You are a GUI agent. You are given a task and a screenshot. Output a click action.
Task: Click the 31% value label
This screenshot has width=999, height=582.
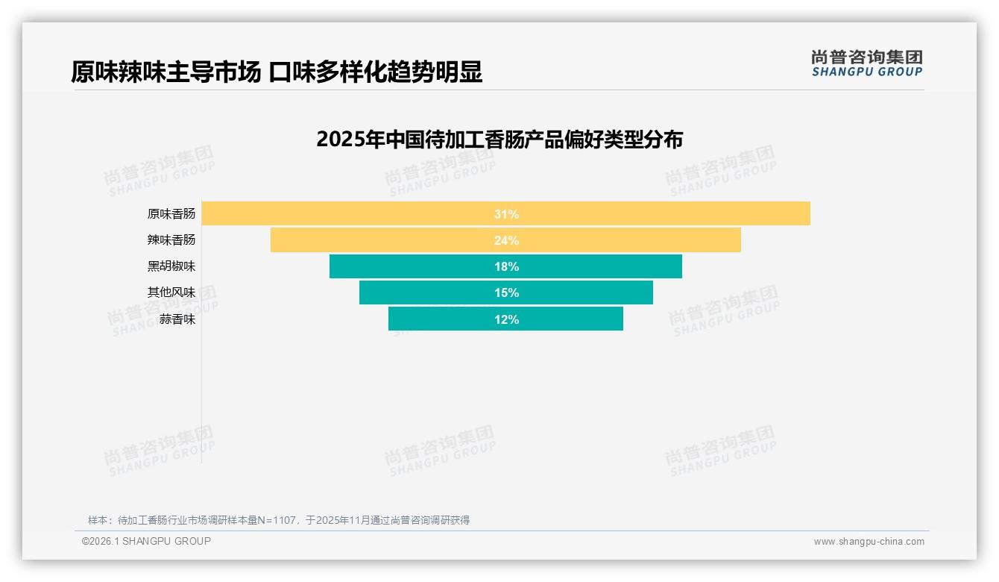[506, 214]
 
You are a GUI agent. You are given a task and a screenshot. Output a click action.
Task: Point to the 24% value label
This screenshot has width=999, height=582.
[506, 240]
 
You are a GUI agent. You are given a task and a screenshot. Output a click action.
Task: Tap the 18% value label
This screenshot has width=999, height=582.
[506, 266]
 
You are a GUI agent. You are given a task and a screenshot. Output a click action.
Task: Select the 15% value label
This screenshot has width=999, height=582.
[506, 292]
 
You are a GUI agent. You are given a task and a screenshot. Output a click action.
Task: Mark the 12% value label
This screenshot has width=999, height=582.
[506, 319]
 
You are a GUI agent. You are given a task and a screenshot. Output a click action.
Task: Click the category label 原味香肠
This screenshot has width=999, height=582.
[171, 214]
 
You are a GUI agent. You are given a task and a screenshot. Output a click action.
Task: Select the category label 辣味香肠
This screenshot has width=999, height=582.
[171, 240]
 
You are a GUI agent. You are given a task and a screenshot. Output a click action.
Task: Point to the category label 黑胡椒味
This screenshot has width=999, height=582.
[171, 266]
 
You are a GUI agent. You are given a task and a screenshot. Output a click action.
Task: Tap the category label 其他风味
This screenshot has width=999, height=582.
[171, 292]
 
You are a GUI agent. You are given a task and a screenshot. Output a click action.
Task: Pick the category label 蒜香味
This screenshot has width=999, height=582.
[177, 319]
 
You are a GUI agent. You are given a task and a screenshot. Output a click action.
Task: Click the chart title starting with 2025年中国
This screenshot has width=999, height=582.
[499, 140]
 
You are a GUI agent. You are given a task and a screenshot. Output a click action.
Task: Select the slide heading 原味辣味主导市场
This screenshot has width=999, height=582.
[277, 72]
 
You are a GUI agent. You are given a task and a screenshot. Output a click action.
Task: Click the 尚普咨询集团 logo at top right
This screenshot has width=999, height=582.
[867, 63]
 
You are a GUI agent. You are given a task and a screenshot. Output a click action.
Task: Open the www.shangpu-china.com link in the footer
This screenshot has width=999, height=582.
[869, 542]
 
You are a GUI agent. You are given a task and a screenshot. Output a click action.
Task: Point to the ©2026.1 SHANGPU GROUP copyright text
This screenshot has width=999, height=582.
[146, 541]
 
